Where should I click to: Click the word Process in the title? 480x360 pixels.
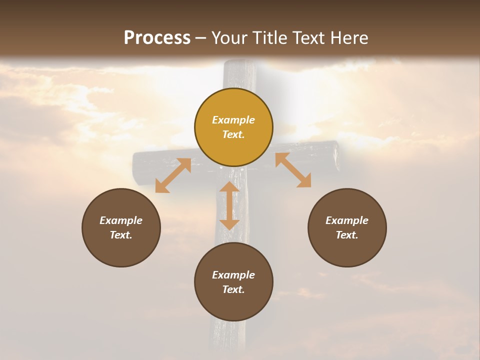click(x=157, y=38)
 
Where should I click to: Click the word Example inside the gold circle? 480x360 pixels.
click(x=233, y=120)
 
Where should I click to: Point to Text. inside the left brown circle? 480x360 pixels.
click(x=121, y=235)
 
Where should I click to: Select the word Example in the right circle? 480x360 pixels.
click(x=347, y=220)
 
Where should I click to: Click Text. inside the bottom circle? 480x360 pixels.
click(x=233, y=289)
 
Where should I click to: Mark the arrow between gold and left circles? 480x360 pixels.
click(x=173, y=175)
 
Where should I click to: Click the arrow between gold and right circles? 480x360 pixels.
click(x=293, y=170)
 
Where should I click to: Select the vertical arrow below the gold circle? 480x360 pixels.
click(x=229, y=205)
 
